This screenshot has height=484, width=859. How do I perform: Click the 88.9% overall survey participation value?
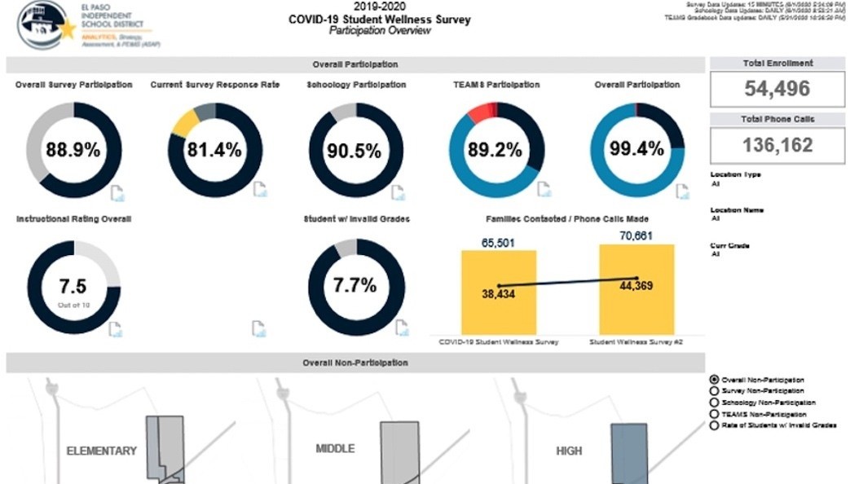click(x=73, y=150)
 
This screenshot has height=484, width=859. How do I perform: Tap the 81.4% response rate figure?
click(x=215, y=150)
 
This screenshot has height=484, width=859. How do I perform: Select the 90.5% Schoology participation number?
click(x=355, y=151)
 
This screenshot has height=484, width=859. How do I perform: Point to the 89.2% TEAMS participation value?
click(x=495, y=150)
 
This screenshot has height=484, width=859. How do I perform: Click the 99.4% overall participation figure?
click(x=637, y=150)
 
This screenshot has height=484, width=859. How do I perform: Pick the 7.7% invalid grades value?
click(x=355, y=286)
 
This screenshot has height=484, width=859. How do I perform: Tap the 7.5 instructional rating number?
click(x=73, y=286)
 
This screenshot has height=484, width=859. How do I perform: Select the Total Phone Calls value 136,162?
click(x=778, y=145)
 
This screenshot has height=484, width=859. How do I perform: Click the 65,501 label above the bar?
click(x=497, y=243)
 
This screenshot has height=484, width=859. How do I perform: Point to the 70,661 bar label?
click(x=637, y=236)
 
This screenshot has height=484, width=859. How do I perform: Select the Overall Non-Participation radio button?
click(x=715, y=380)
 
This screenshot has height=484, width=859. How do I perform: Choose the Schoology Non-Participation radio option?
click(x=715, y=403)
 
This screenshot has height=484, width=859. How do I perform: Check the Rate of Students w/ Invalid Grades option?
click(x=715, y=425)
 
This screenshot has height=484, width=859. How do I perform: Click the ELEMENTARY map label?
click(x=101, y=451)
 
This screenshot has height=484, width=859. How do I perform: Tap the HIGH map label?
click(x=568, y=450)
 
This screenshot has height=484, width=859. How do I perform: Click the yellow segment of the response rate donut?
click(x=187, y=121)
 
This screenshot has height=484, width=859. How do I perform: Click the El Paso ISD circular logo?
click(x=42, y=26)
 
